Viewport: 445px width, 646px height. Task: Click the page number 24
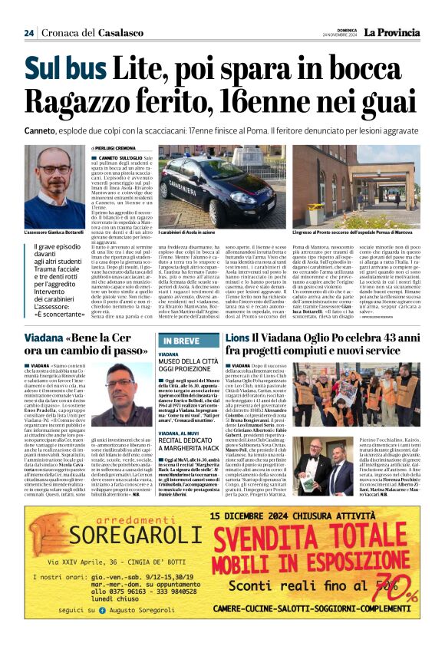click(28, 32)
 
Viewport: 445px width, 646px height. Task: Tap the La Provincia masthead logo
click(392, 32)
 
